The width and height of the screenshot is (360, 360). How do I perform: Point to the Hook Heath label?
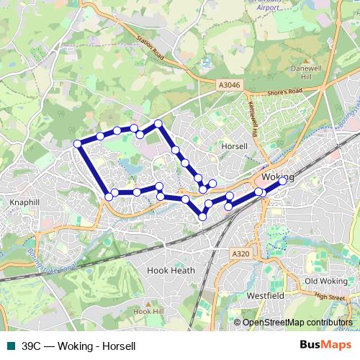[x=171, y=270]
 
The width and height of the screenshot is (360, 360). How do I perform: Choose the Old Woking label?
[x=325, y=281]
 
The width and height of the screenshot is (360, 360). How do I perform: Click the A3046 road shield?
[x=228, y=85]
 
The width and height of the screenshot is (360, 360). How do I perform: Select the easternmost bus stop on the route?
[x=283, y=181]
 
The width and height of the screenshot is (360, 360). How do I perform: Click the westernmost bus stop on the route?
[x=78, y=144]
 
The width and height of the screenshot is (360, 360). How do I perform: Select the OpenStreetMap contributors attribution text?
[x=297, y=323]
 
